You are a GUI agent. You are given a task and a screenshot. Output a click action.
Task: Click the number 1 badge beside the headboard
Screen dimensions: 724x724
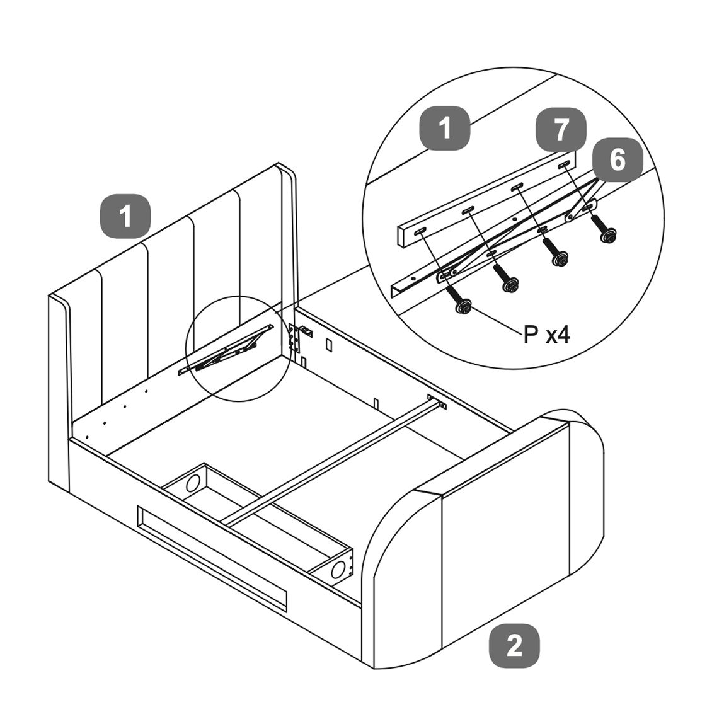[125, 216]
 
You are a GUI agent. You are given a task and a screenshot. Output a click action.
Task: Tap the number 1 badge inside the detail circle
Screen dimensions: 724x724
[445, 128]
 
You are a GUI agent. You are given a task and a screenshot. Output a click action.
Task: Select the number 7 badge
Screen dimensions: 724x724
[561, 130]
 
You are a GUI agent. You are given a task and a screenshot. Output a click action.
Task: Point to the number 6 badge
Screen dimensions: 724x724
[618, 159]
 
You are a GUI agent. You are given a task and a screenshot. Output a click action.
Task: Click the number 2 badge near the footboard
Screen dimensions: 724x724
[514, 645]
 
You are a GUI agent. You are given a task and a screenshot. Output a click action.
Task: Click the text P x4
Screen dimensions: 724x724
[547, 334]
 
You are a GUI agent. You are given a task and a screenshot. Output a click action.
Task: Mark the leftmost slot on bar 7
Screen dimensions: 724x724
[420, 233]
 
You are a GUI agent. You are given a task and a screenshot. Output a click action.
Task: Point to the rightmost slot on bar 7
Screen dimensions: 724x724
[564, 165]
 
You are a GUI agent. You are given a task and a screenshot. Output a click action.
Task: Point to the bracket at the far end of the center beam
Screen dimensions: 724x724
[437, 402]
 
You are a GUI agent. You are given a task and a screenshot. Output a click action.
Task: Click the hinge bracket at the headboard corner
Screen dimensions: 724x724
[293, 338]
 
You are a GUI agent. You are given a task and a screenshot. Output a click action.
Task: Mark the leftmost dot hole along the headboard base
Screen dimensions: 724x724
[87, 437]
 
